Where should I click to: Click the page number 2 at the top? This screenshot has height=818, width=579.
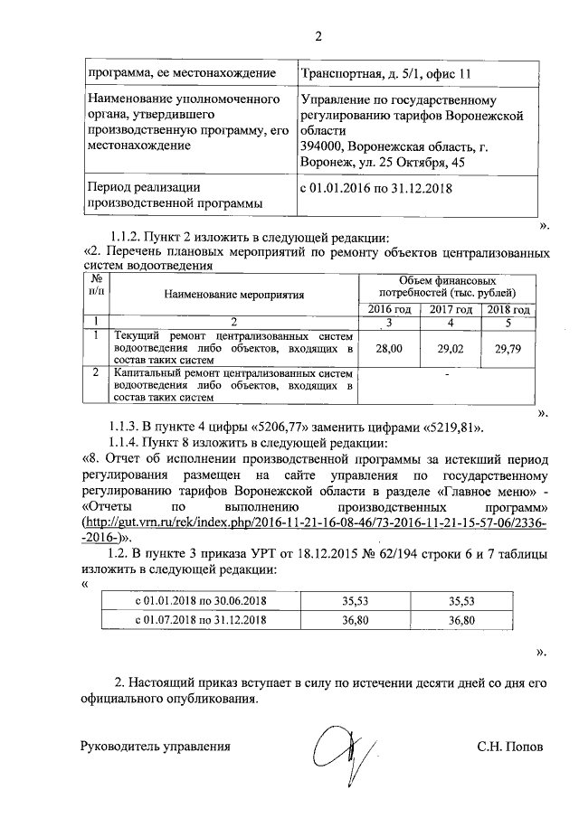tap(318, 37)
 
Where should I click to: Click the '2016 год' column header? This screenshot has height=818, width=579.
tap(390, 310)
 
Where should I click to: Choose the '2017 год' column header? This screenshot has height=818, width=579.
tap(450, 310)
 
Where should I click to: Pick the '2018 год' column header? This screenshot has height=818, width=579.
tap(508, 310)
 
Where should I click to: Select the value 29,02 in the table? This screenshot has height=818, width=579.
tap(450, 347)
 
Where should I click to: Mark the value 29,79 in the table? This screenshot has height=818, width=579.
tap(508, 347)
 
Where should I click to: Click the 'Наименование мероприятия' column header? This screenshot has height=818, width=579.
tap(233, 294)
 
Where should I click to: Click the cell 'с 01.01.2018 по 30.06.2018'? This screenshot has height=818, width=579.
tap(200, 600)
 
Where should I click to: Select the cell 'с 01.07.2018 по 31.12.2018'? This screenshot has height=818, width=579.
tap(200, 620)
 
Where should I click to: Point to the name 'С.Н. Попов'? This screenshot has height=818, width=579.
tap(511, 747)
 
